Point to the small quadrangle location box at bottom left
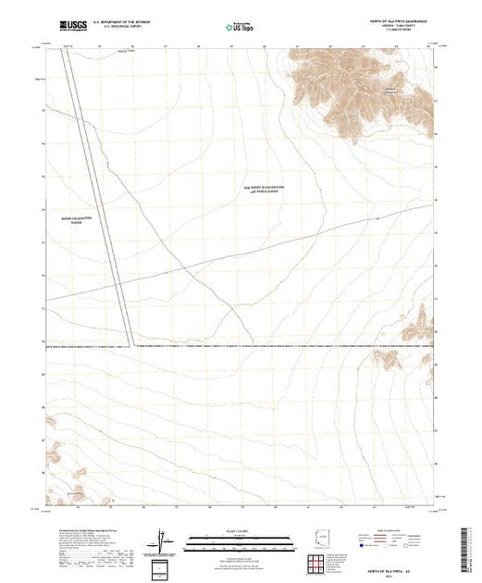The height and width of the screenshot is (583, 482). click(161, 566)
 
